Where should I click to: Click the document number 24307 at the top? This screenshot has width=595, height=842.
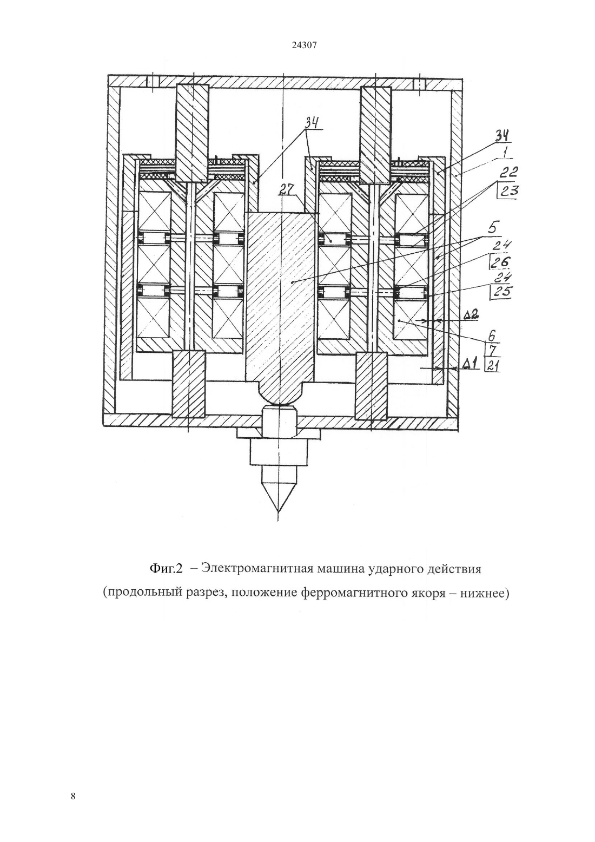click(304, 45)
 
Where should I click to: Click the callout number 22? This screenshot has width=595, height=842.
click(508, 172)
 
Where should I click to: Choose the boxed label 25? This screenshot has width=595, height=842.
click(501, 291)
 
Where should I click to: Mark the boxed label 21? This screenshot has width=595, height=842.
click(493, 365)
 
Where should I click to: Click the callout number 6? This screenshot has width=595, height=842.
click(492, 335)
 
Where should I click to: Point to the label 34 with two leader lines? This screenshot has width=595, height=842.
click(312, 122)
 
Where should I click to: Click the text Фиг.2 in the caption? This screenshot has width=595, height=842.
click(166, 568)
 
